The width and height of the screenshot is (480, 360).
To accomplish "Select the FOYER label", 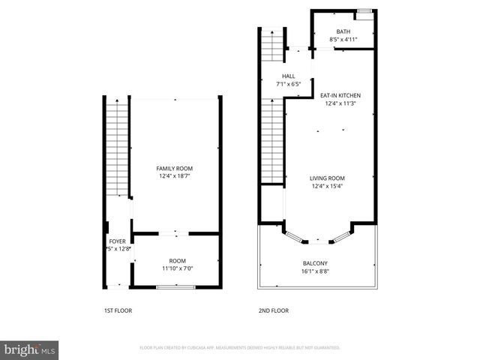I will (x=117, y=241).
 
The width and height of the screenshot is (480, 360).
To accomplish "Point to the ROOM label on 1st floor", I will (x=177, y=260).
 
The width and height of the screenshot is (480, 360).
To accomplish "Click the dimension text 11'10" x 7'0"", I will (x=177, y=268).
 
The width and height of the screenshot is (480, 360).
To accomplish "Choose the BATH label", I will (x=343, y=31).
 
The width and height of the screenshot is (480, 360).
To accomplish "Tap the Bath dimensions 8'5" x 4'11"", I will (x=343, y=39).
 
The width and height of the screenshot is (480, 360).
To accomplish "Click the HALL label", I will (x=288, y=76).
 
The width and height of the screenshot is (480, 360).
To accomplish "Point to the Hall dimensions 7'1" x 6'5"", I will (x=288, y=85).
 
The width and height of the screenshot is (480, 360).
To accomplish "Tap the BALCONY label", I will (x=316, y=262).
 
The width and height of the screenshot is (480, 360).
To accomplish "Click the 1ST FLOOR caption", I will (x=118, y=310).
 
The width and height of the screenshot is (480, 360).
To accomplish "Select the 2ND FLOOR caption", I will (x=274, y=310).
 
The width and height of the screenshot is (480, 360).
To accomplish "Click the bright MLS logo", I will (x=30, y=349).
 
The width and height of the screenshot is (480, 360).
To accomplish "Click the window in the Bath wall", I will (x=364, y=10).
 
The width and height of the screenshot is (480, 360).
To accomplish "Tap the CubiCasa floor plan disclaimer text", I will (x=240, y=348).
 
